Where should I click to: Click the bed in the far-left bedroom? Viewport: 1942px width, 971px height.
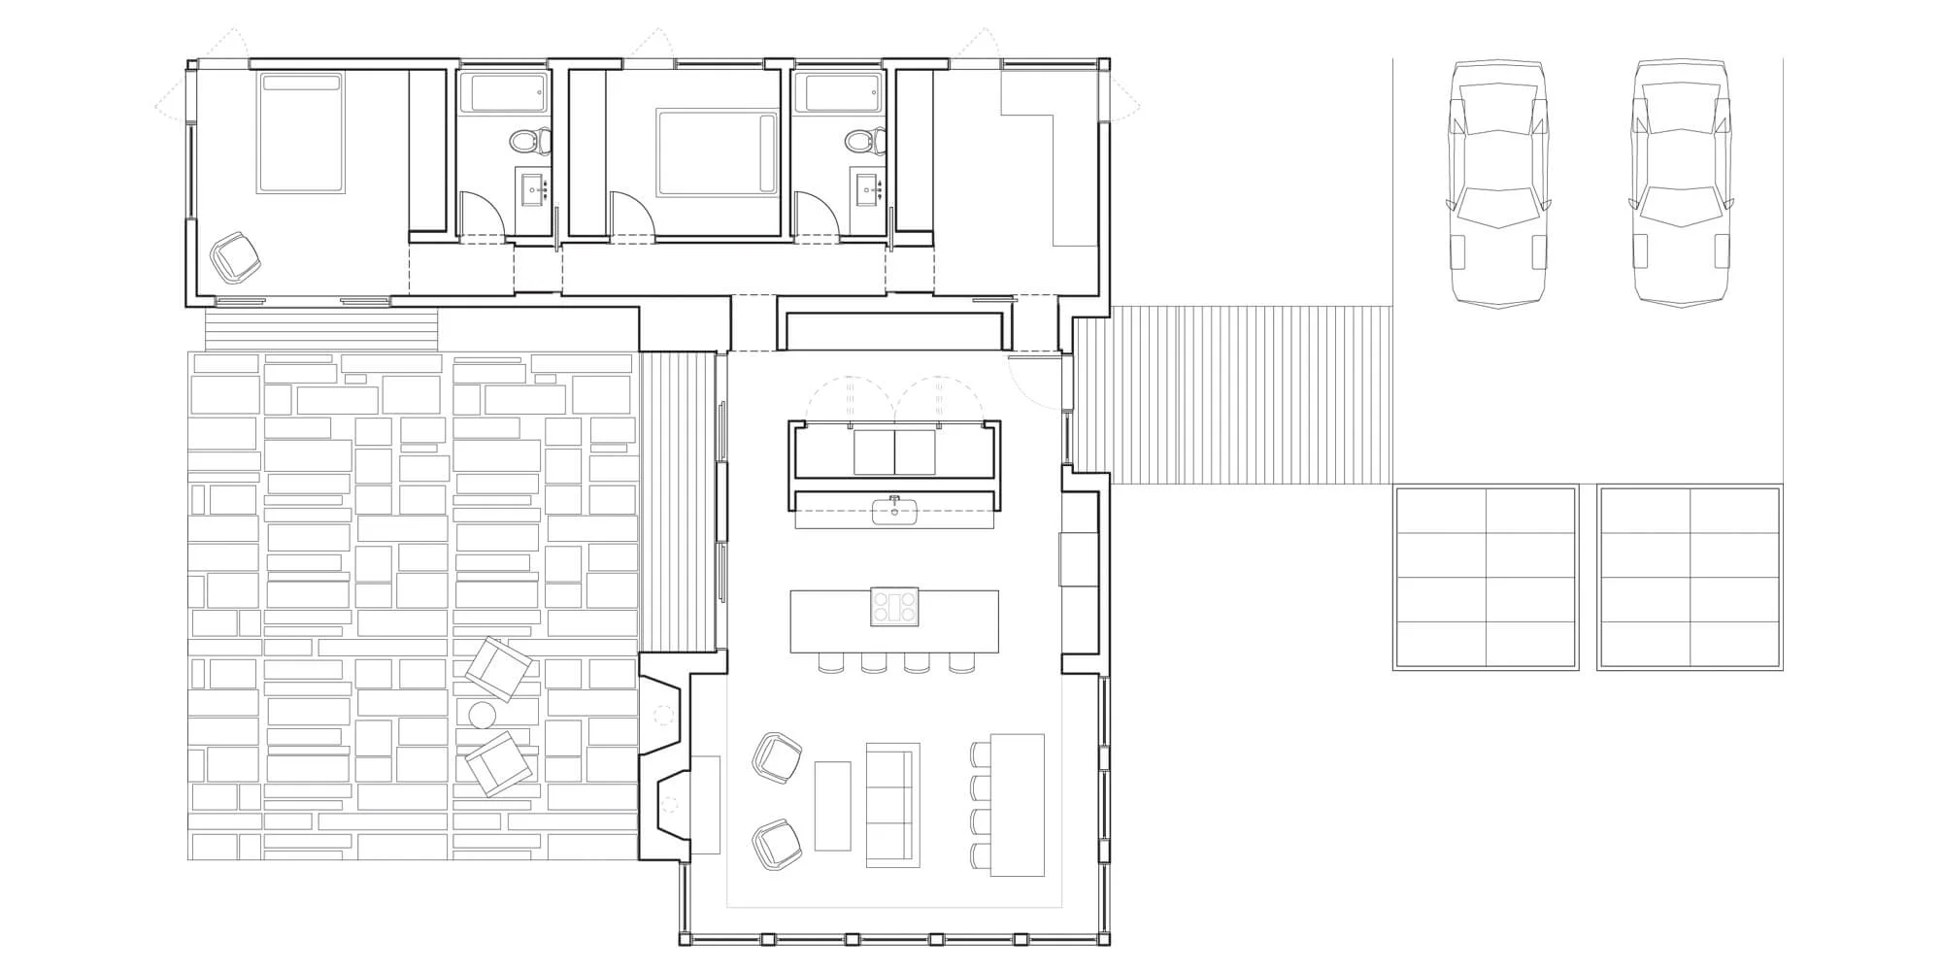point(301,134)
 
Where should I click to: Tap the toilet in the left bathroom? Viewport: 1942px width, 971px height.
point(528,142)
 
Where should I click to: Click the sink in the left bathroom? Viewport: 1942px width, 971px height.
point(532,188)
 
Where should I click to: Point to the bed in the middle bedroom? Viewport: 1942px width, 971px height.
point(718,153)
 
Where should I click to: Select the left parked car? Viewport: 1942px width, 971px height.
point(1496,184)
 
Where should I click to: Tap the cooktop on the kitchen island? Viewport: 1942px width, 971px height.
point(894,607)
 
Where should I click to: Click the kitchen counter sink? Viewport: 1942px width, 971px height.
point(892,511)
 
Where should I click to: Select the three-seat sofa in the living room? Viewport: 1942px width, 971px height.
point(892,805)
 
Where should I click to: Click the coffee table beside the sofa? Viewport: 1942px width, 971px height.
point(832,805)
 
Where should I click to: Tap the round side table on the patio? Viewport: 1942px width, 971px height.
point(483,716)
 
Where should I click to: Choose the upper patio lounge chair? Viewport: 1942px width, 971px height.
point(498,668)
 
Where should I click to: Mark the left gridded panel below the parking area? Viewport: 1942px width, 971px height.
point(1486,578)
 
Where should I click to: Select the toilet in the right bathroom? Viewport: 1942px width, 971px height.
point(861,142)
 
